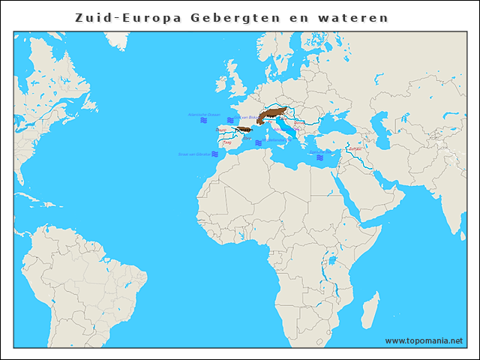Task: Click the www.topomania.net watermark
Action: click(x=424, y=340)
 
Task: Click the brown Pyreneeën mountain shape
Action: click(x=244, y=129)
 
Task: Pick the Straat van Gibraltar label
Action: click(x=193, y=154)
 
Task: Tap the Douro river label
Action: click(x=221, y=130)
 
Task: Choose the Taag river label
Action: click(x=227, y=142)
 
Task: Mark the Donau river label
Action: click(x=299, y=123)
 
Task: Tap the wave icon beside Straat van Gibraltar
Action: click(x=214, y=154)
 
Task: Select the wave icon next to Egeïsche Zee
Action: click(x=319, y=158)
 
